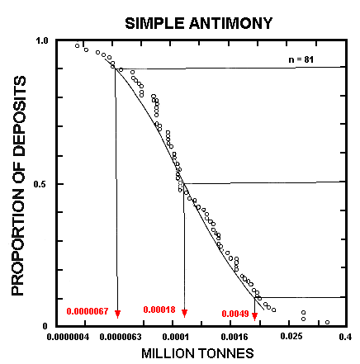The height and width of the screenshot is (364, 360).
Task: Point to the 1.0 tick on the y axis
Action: coord(43,40)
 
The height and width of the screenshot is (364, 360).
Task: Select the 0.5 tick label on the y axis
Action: coord(43,184)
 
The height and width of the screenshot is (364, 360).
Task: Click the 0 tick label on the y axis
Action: coord(46,326)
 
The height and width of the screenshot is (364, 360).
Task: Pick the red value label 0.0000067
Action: coord(88,311)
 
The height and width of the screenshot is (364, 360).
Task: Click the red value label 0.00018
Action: coord(159,310)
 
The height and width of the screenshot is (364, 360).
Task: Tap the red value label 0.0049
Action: coord(234,314)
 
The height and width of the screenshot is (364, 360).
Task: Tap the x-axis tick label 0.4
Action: coord(345,337)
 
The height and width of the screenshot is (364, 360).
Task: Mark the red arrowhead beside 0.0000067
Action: coord(118,314)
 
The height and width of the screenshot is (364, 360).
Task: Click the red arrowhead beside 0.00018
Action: coord(184,313)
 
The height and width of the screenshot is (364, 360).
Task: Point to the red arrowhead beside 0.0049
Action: coord(254,314)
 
